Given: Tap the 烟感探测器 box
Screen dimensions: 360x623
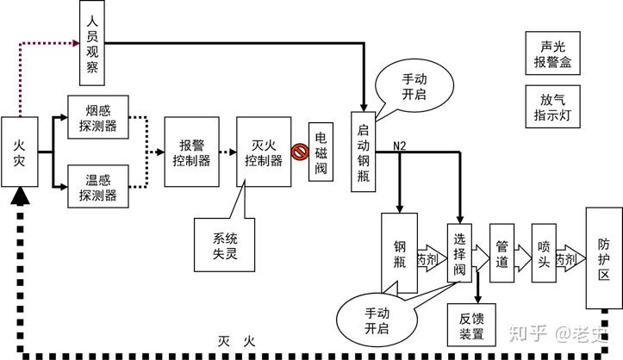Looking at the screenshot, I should click(x=97, y=118).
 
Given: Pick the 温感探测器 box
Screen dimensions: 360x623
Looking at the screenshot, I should click(x=97, y=187).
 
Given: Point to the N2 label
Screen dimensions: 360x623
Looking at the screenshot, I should click(x=399, y=145).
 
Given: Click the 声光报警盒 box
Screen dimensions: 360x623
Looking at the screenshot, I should click(x=553, y=53).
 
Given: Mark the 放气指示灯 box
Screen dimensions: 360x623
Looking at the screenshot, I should click(x=553, y=105).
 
